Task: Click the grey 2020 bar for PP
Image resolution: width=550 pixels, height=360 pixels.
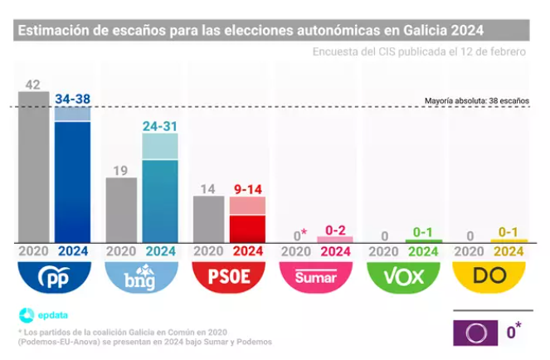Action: click(34, 166)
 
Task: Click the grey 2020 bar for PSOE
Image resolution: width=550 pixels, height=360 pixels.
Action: click(208, 219)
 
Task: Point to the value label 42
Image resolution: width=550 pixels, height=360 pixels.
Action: click(33, 85)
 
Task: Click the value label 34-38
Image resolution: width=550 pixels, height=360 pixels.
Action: click(72, 100)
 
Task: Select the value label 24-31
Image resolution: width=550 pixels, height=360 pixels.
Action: click(159, 127)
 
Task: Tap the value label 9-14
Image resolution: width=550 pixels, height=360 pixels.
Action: click(246, 190)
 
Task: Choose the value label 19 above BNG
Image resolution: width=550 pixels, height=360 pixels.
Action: click(120, 171)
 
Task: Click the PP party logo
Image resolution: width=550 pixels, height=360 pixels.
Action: click(54, 277)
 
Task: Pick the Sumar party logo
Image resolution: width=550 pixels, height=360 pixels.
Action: click(316, 277)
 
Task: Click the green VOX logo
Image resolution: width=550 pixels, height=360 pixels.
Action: click(402, 277)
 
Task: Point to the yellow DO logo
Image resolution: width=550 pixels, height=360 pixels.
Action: click(489, 277)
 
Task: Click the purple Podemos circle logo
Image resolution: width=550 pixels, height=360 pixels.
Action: click(476, 332)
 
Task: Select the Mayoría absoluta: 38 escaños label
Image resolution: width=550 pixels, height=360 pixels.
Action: click(476, 100)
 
